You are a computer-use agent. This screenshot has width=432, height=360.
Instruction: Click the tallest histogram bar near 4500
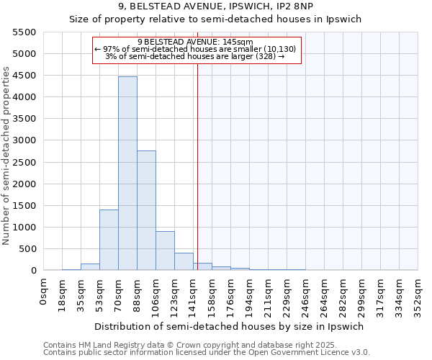coord(127,173)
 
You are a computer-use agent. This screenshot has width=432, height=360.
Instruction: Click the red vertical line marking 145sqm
coord(197,166)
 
